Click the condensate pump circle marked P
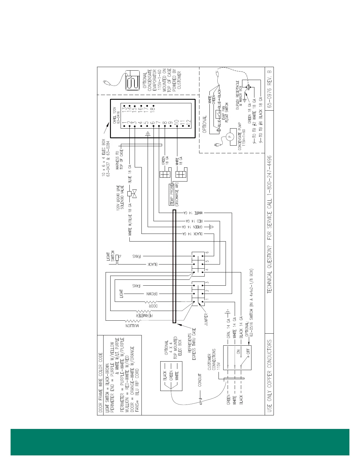pos(230,136)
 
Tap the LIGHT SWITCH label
pos(111,256)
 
